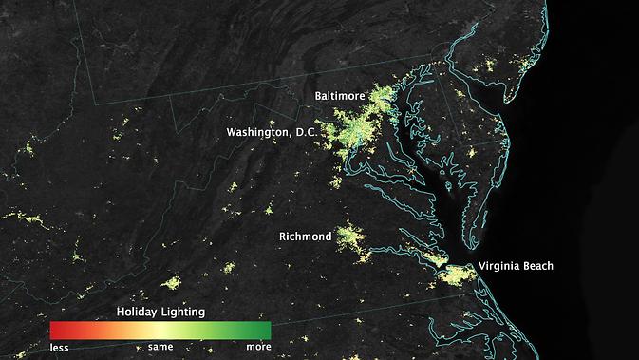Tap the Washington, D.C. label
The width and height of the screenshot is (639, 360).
[x=271, y=132]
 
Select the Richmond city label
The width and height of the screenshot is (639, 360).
[x=305, y=236]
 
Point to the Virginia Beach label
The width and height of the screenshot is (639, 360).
[x=516, y=266]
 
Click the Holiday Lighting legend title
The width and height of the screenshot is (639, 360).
[x=160, y=311]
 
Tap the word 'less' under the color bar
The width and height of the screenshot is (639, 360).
[x=59, y=347]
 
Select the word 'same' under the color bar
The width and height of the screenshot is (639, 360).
[x=160, y=347]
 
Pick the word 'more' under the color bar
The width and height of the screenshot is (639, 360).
[x=258, y=347]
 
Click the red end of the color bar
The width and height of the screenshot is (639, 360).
[x=55, y=330]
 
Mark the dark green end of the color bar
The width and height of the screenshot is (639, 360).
[x=266, y=330]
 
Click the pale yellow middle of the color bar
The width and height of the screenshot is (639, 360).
[x=160, y=330]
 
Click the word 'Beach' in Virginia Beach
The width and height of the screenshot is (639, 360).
[x=536, y=266]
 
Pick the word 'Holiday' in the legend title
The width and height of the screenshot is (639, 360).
[x=137, y=311]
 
